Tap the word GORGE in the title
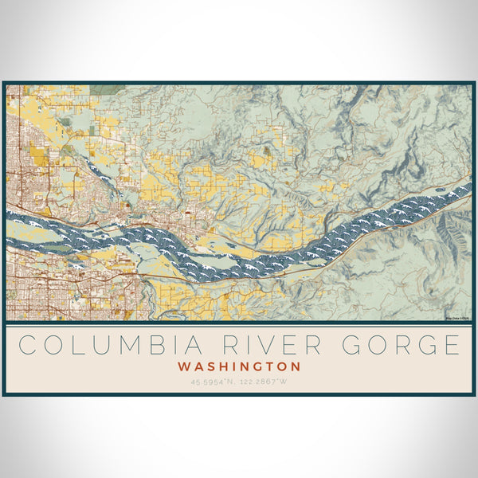point(402,346)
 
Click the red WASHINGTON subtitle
point(239,367)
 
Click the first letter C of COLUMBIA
point(29,346)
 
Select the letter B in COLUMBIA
point(130,346)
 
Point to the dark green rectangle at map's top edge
point(102,90)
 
